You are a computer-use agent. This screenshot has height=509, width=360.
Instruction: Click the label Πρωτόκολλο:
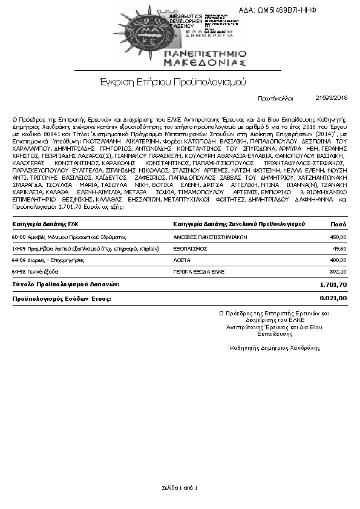click(x=275, y=97)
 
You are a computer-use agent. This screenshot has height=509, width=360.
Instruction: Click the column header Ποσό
click(x=338, y=224)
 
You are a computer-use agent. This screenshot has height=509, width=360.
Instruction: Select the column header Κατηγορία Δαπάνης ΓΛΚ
click(x=45, y=224)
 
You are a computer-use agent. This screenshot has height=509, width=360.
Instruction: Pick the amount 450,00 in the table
click(x=338, y=238)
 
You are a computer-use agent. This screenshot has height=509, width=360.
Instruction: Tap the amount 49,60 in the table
click(x=339, y=249)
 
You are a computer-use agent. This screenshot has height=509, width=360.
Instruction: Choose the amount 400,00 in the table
click(x=338, y=260)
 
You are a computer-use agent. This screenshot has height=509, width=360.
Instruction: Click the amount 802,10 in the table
click(x=338, y=271)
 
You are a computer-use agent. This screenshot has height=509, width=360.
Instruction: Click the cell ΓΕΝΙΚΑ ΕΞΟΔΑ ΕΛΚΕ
click(x=200, y=271)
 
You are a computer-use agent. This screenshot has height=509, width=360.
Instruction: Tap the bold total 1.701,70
click(x=333, y=284)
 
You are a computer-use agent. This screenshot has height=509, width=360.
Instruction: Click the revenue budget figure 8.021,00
click(x=333, y=298)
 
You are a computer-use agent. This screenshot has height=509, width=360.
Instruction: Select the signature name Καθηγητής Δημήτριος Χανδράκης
click(x=275, y=347)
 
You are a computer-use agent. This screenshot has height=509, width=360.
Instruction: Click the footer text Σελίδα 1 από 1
click(x=180, y=487)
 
